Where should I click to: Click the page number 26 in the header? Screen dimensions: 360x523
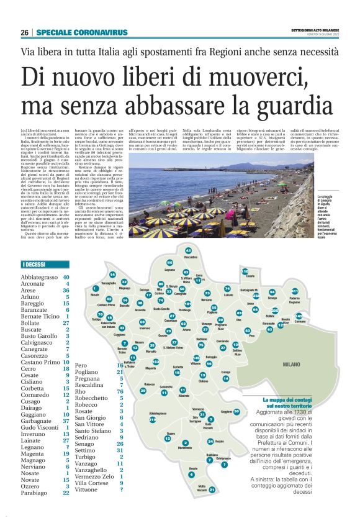(x=25, y=32)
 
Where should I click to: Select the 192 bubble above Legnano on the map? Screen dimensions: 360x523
(x=170, y=263)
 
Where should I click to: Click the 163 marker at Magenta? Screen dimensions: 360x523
(x=156, y=362)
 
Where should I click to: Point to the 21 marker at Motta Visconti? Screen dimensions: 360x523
(x=212, y=490)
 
